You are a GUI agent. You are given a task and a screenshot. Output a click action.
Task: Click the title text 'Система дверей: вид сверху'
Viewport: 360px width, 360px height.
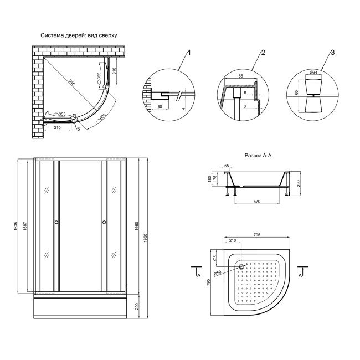(x=79, y=35)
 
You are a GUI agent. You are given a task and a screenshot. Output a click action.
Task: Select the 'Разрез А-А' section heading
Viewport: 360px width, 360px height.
(x=257, y=156)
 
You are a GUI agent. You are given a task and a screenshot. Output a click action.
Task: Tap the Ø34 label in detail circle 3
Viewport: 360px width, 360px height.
(x=313, y=73)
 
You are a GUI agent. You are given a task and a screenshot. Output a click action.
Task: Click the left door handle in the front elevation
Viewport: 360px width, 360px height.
(x=56, y=223)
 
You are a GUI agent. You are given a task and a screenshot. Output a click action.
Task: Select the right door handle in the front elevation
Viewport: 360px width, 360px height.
(x=104, y=223)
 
